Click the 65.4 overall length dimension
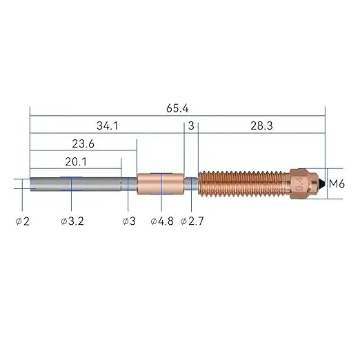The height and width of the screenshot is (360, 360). [177, 108]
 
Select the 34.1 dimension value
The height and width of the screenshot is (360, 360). [108, 126]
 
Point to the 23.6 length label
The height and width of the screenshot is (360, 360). [83, 144]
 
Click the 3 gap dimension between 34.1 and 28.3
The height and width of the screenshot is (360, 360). [191, 126]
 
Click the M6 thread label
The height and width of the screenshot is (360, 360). [337, 184]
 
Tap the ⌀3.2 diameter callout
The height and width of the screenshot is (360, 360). [72, 221]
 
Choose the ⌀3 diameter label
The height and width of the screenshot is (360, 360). [128, 221]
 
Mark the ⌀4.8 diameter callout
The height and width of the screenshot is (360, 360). [162, 221]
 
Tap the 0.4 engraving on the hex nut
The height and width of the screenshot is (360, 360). [299, 184]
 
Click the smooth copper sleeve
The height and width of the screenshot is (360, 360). [161, 184]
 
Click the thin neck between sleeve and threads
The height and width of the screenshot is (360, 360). [191, 183]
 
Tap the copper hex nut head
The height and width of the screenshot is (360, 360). [302, 184]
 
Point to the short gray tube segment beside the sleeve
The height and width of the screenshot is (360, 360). [129, 184]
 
